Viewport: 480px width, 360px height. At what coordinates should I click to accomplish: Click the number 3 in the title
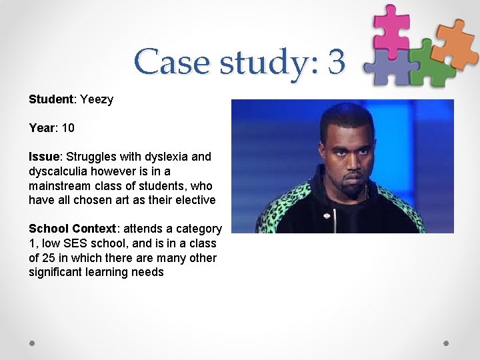(x=336, y=62)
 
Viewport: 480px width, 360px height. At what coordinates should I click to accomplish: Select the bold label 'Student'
(x=51, y=99)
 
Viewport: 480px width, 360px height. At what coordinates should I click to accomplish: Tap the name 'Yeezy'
(x=97, y=99)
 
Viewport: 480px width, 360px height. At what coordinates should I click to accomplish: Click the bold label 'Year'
(x=42, y=127)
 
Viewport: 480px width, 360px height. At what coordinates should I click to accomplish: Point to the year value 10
(x=67, y=127)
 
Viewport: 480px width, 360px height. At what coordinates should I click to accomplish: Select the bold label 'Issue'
(x=45, y=157)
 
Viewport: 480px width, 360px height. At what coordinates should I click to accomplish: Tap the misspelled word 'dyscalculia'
(x=58, y=171)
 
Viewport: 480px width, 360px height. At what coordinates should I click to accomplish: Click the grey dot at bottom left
(x=32, y=343)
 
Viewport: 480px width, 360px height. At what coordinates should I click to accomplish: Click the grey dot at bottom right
(x=447, y=343)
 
